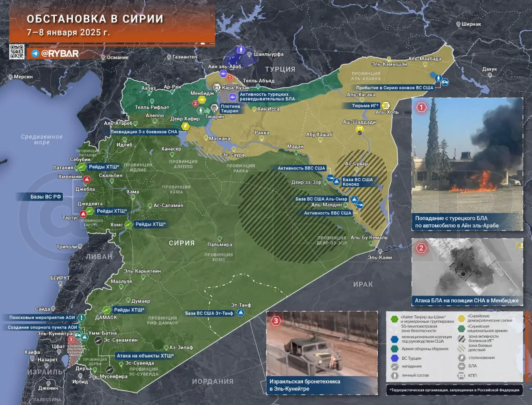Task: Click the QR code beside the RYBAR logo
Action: click(17, 52)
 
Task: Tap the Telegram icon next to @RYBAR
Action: click(35, 54)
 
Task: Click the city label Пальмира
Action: click(219, 245)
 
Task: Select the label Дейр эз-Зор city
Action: click(306, 182)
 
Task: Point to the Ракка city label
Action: click(262, 133)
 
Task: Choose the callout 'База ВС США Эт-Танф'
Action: click(209, 313)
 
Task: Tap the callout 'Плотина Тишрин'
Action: click(230, 108)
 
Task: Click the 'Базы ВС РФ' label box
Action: click(46, 197)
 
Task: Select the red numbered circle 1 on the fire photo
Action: click(421, 108)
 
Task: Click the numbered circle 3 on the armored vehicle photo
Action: click(276, 321)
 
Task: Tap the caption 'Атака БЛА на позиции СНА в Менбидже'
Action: click(467, 300)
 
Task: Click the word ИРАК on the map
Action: click(363, 284)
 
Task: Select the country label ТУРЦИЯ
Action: click(280, 69)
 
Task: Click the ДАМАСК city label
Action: click(106, 317)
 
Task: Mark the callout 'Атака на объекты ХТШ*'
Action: click(145, 356)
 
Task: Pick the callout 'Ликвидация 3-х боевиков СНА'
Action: click(144, 132)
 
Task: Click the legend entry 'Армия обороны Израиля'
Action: click(425, 349)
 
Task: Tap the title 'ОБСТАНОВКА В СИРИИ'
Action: click(95, 19)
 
